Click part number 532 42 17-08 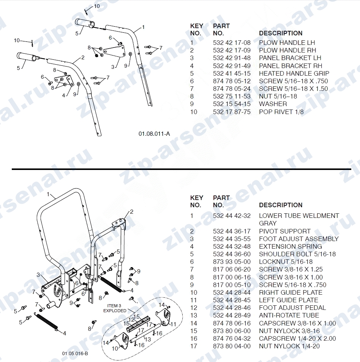coord(232,43)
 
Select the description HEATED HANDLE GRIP coord(294,73)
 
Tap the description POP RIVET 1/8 coord(281,112)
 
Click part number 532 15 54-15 coord(232,104)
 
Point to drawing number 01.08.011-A coord(154,134)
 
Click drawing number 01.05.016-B coord(75,354)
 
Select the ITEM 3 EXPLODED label coord(115,308)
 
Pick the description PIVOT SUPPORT coord(285,231)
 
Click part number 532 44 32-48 coord(232,246)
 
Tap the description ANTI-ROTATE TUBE coord(289,315)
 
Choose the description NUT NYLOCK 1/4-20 coord(289,346)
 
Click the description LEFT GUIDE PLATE coord(289,300)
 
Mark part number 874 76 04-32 coord(232,339)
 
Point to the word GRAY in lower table coord(267,224)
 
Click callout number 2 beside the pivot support coord(132,212)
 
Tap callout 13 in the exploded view coord(148,339)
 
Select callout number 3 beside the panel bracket coord(112,67)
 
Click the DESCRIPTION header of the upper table coord(281,33)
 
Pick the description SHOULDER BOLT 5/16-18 coord(297,254)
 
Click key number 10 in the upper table coord(194,112)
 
